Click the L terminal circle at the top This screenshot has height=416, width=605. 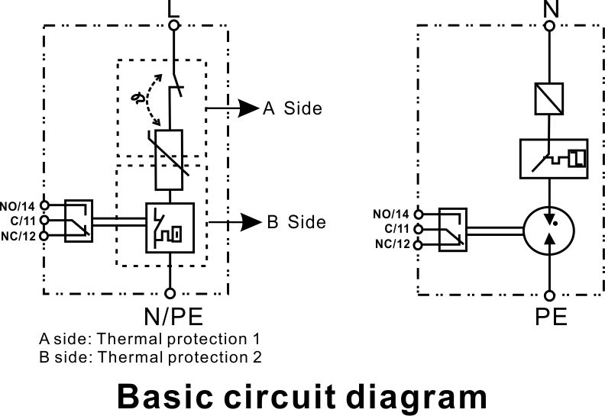coord(174,25)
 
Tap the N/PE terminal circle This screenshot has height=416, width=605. coord(170,293)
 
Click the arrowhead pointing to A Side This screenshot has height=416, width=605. coord(248,108)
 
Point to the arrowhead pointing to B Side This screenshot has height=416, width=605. coord(251,222)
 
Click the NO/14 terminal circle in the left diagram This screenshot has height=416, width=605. coord(45,205)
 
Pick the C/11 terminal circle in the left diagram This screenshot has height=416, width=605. coord(45,220)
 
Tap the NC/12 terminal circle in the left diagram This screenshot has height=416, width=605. coord(45,235)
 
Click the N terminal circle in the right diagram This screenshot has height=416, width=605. coord(549,26)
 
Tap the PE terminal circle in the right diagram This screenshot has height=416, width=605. coord(549,295)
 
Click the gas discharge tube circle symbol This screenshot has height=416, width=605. coord(524,231)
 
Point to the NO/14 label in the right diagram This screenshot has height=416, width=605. coord(391,214)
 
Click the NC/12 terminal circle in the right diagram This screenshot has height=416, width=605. coord(418,244)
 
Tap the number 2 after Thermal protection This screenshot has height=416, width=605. coord(257,357)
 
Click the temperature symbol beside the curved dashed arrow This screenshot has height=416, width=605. coord(138,98)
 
